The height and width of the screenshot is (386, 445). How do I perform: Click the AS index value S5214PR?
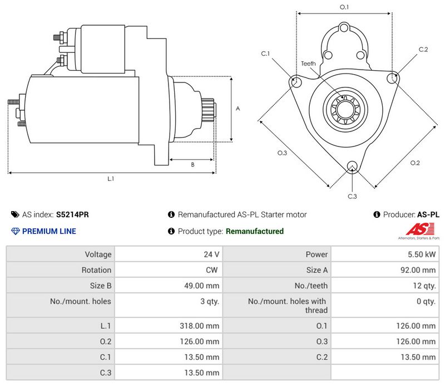[x=72, y=214]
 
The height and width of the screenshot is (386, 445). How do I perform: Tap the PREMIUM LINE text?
[x=49, y=231]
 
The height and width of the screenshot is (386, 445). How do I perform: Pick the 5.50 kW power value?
[x=422, y=255]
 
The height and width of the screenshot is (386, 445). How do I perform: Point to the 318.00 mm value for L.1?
[x=199, y=326]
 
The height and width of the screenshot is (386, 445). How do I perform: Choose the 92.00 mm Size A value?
[x=418, y=270]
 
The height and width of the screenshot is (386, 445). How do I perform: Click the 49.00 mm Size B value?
[x=201, y=286]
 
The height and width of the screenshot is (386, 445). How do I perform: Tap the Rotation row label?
[x=96, y=270]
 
